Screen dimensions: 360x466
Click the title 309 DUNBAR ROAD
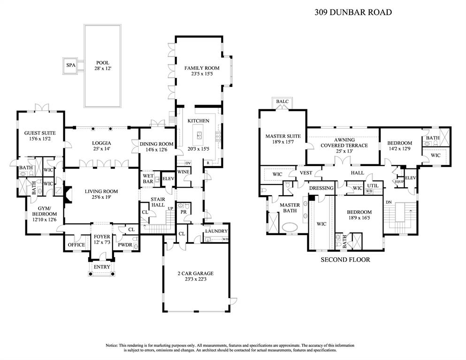tap(352, 13)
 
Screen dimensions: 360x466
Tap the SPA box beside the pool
tap(71, 65)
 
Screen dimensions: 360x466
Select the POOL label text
tap(102, 62)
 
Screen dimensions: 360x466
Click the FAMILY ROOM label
tap(201, 69)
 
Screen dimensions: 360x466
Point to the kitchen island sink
tap(199, 136)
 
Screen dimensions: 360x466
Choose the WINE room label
tap(183, 172)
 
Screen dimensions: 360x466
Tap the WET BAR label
tap(148, 179)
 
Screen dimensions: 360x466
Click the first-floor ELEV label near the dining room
tap(168, 179)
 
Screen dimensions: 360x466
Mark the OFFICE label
tap(76, 245)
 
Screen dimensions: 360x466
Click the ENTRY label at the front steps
tap(102, 267)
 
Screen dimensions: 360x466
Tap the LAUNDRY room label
tap(216, 231)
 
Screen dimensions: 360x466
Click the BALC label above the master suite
tap(283, 101)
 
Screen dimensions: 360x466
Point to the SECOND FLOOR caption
tap(345, 260)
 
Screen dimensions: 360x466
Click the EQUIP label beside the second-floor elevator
tap(399, 182)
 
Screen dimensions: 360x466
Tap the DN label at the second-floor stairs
tap(388, 202)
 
